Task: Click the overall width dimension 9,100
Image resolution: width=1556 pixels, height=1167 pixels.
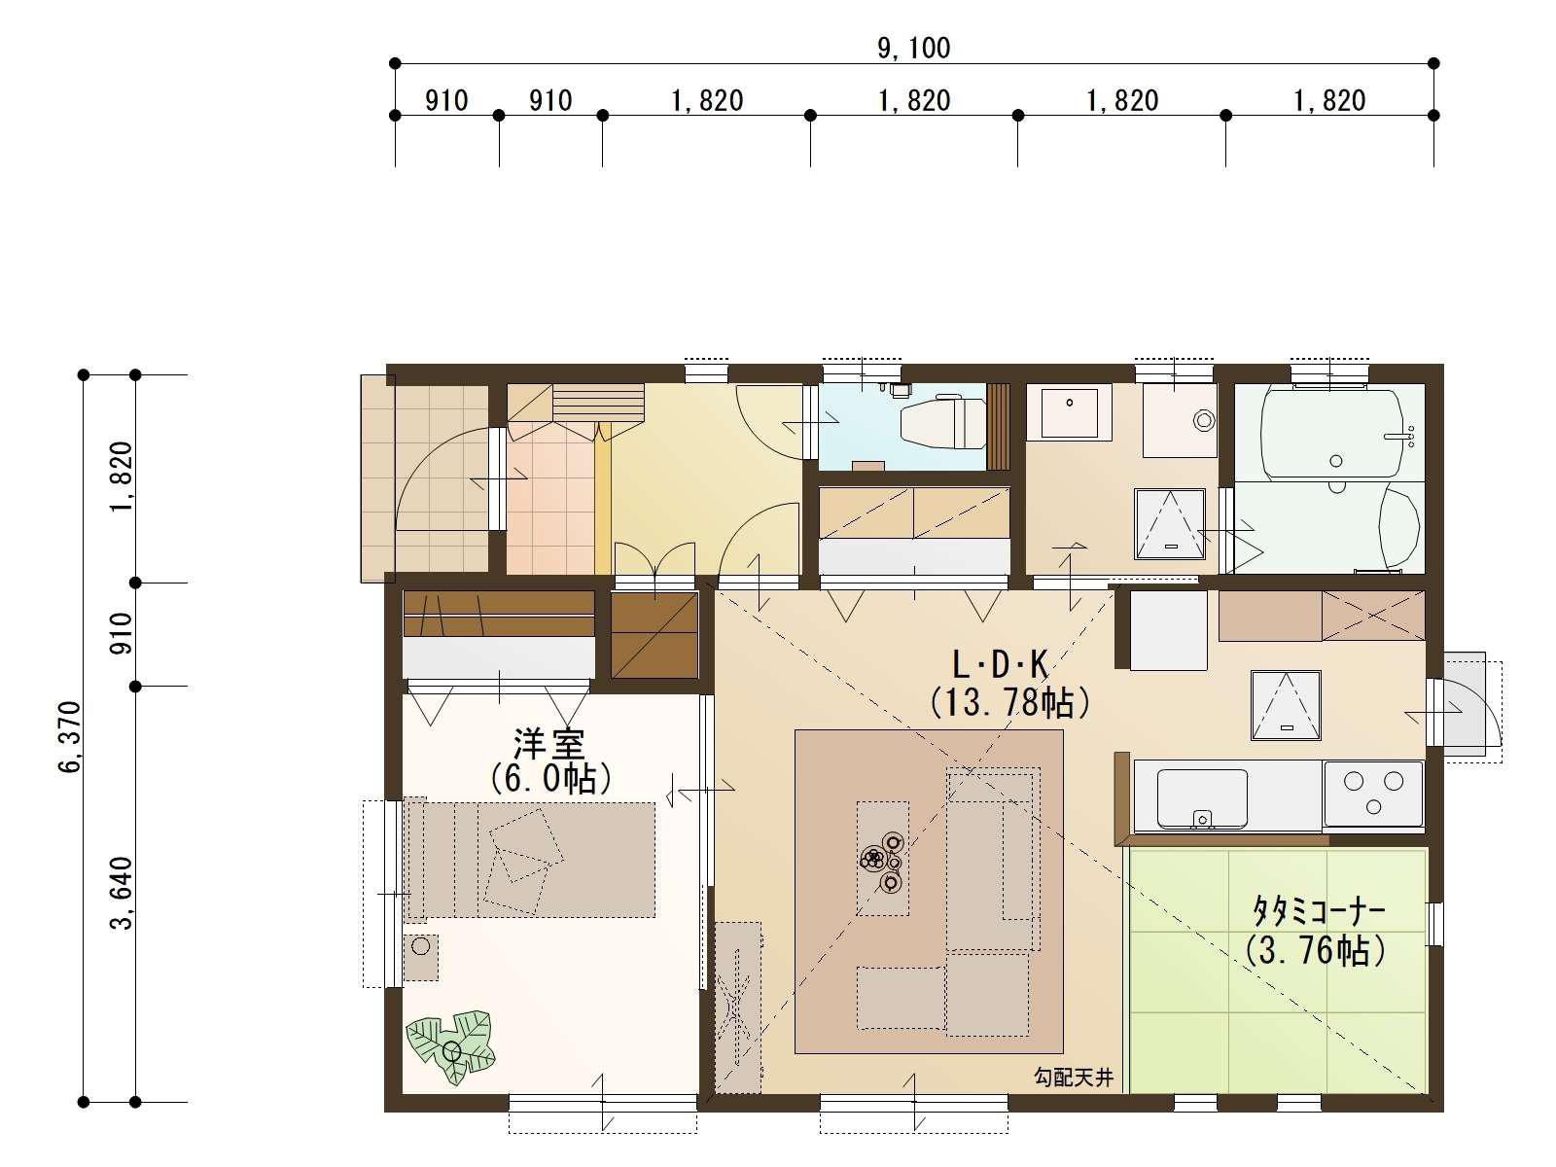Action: pyautogui.click(x=913, y=48)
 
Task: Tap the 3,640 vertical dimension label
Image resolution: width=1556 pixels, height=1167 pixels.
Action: pyautogui.click(x=122, y=893)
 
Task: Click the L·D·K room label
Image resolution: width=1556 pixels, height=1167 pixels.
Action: pyautogui.click(x=1000, y=666)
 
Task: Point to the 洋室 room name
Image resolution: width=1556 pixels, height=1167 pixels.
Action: pyautogui.click(x=549, y=744)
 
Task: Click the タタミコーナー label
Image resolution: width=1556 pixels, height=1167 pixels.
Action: pyautogui.click(x=1318, y=912)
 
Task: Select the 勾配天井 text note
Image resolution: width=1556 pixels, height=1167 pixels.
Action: pyautogui.click(x=1073, y=1078)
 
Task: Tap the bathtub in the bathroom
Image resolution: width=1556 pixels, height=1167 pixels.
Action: pyautogui.click(x=1330, y=433)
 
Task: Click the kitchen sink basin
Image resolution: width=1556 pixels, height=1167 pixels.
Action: pyautogui.click(x=1202, y=797)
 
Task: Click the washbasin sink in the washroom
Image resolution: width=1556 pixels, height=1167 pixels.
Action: pyautogui.click(x=1069, y=411)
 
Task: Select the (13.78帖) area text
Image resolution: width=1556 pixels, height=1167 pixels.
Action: pyautogui.click(x=1008, y=702)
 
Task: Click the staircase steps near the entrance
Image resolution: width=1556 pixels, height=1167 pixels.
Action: pyautogui.click(x=597, y=401)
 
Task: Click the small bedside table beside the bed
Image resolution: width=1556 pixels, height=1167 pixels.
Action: pyautogui.click(x=421, y=957)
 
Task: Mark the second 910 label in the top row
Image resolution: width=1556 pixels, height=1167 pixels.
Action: pyautogui.click(x=550, y=100)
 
